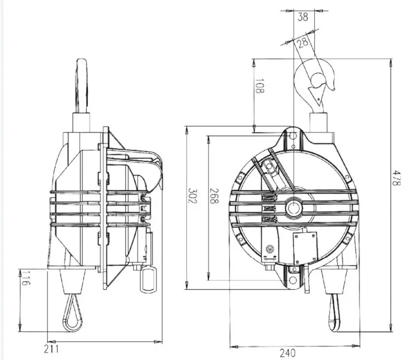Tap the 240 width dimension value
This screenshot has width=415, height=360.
tap(287, 353)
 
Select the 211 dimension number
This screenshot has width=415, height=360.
tap(51, 349)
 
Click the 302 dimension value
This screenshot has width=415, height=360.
tap(192, 196)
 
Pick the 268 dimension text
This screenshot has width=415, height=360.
tap(214, 196)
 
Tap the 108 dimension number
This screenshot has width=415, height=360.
tap(259, 86)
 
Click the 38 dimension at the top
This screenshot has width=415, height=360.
tap(303, 16)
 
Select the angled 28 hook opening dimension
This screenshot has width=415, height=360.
tap(302, 43)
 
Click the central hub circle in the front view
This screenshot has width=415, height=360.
tap(294, 208)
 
